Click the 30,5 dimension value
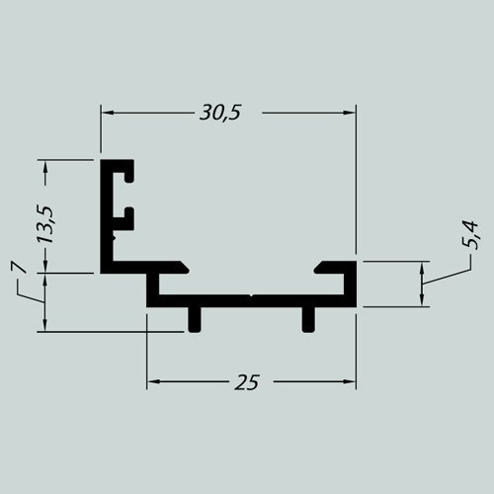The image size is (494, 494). click(x=220, y=113)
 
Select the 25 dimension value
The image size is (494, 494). click(x=247, y=382)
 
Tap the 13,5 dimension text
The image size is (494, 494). click(x=45, y=224)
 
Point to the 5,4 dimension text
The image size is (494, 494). click(x=469, y=235)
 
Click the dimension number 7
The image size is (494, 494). click(x=19, y=267)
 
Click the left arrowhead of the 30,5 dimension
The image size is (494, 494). click(x=107, y=113)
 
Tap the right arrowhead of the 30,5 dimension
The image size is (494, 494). click(x=350, y=113)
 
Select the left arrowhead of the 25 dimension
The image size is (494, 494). click(x=153, y=381)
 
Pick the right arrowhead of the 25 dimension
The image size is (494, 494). click(x=350, y=381)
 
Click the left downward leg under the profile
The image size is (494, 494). click(x=195, y=319)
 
